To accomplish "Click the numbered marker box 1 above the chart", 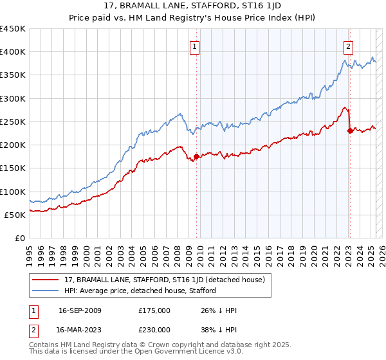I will [194, 46].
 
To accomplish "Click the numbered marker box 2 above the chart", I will [348, 46].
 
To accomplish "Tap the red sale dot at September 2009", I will [196, 156].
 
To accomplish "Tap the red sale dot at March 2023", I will [350, 130].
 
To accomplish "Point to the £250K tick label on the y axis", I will [13, 122].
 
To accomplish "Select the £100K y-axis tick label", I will [13, 192].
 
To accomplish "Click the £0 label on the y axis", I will [20, 238].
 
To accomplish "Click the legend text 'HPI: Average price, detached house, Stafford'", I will [139, 291].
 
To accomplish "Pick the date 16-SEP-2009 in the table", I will [79, 310].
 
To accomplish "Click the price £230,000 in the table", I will [154, 328].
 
